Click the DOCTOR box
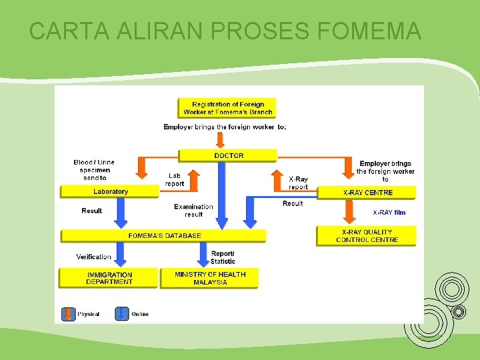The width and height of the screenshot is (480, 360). pyautogui.click(x=229, y=155)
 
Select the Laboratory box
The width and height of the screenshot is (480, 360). pyautogui.click(x=110, y=192)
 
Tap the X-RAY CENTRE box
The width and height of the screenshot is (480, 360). pyautogui.click(x=367, y=193)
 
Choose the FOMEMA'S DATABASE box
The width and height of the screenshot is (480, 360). pyautogui.click(x=164, y=235)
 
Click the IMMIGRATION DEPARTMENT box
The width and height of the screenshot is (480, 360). pyautogui.click(x=109, y=278)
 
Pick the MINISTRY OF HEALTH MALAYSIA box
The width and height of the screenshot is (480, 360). pyautogui.click(x=209, y=278)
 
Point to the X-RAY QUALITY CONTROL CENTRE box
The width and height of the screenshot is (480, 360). pyautogui.click(x=367, y=235)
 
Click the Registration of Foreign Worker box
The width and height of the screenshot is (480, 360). pyautogui.click(x=227, y=108)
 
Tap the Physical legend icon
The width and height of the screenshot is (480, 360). pyautogui.click(x=67, y=314)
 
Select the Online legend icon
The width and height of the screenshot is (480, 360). pyautogui.click(x=122, y=314)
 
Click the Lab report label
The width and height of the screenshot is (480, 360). pyautogui.click(x=175, y=179)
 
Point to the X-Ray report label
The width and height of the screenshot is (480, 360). pyautogui.click(x=298, y=183)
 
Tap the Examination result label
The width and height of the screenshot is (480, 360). pyautogui.click(x=193, y=211)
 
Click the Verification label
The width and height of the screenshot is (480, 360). pyautogui.click(x=93, y=257)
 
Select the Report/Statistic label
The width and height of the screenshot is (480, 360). pyautogui.click(x=223, y=257)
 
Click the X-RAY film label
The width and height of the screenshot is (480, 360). pyautogui.click(x=389, y=213)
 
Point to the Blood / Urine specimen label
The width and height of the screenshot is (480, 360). pyautogui.click(x=94, y=170)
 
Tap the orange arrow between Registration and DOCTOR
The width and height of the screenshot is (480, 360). pyautogui.click(x=220, y=139)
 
